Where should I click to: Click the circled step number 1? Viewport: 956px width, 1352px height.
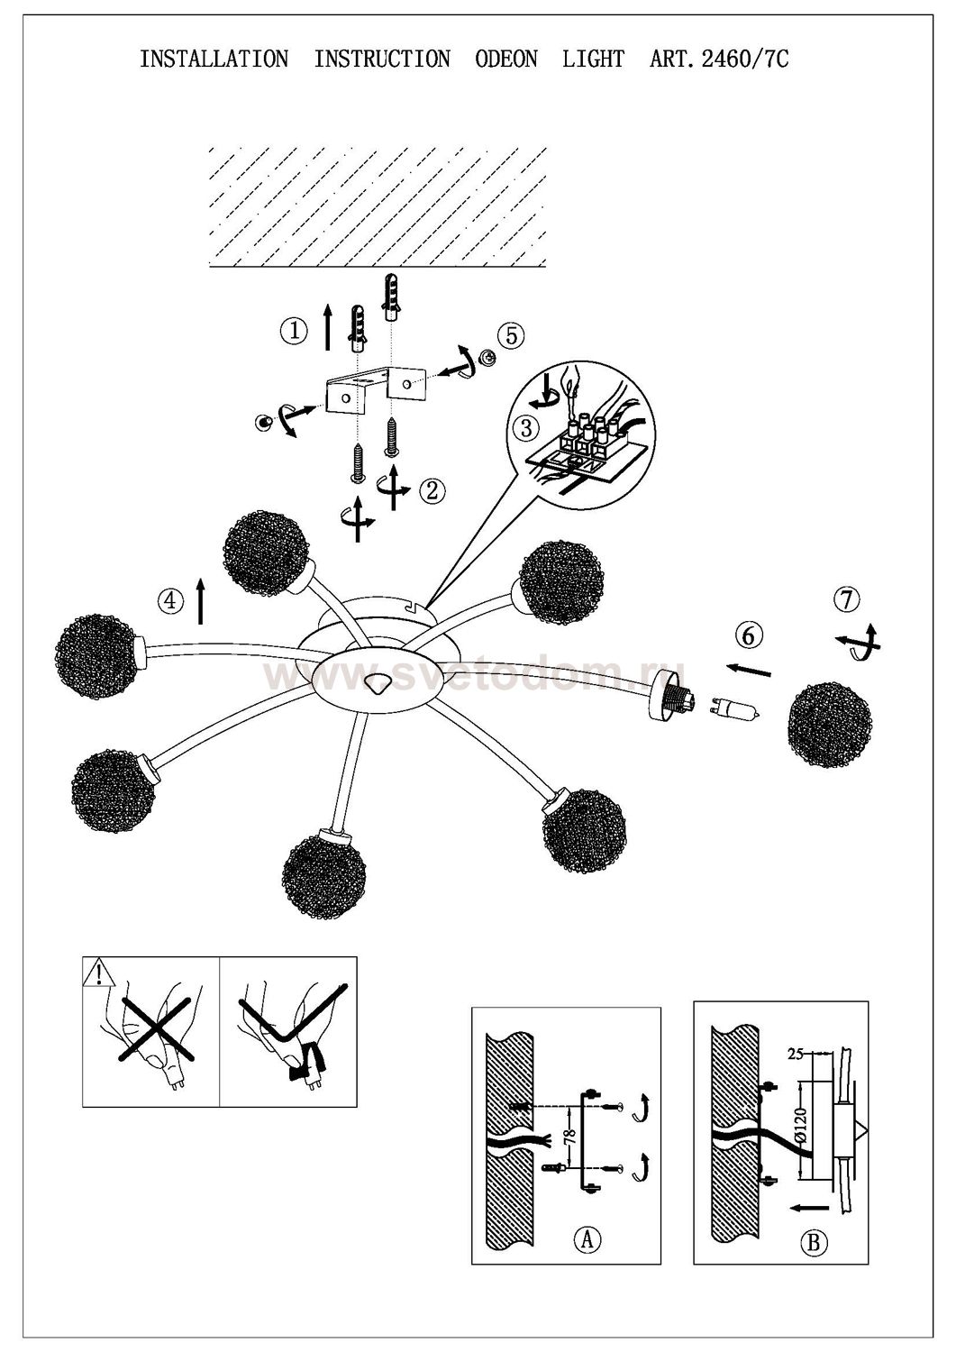click(293, 331)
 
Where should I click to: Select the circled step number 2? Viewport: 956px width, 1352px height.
click(433, 490)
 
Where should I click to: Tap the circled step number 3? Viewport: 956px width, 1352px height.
click(526, 426)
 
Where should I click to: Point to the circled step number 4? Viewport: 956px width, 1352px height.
click(168, 600)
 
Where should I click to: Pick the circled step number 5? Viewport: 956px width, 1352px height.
click(510, 335)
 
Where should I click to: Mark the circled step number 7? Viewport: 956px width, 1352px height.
click(847, 598)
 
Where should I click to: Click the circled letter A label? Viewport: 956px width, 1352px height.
click(587, 1239)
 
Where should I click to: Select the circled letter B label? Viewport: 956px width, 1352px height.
click(814, 1244)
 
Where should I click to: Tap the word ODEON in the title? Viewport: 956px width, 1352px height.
click(505, 59)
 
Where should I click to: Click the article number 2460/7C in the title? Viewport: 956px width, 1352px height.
click(719, 59)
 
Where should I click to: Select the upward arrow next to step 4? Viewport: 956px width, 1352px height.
click(200, 602)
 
